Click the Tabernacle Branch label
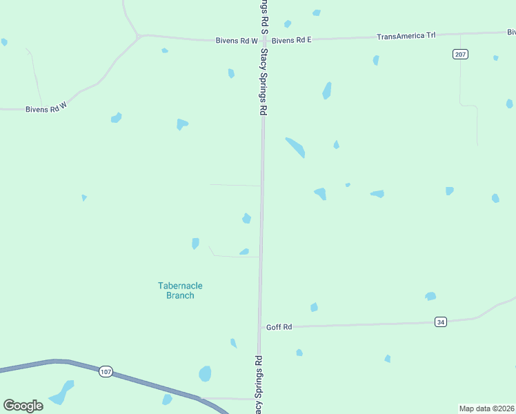pos(180,290)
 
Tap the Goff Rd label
pos(279,327)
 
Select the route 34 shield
pos(440,322)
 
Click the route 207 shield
pos(460,54)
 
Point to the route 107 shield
pos(105,371)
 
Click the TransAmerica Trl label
pos(406,36)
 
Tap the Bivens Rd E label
pos(292,40)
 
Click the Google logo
pos(23,406)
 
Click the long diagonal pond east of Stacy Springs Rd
pos(295,146)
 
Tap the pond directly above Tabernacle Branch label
pos(195,243)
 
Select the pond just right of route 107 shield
pos(205,374)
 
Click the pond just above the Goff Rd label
pos(314,307)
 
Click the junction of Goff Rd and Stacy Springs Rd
pos(260,327)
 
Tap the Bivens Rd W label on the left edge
pos(46,109)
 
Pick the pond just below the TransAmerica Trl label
pos(376,60)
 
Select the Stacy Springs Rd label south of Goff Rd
pos(259,384)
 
